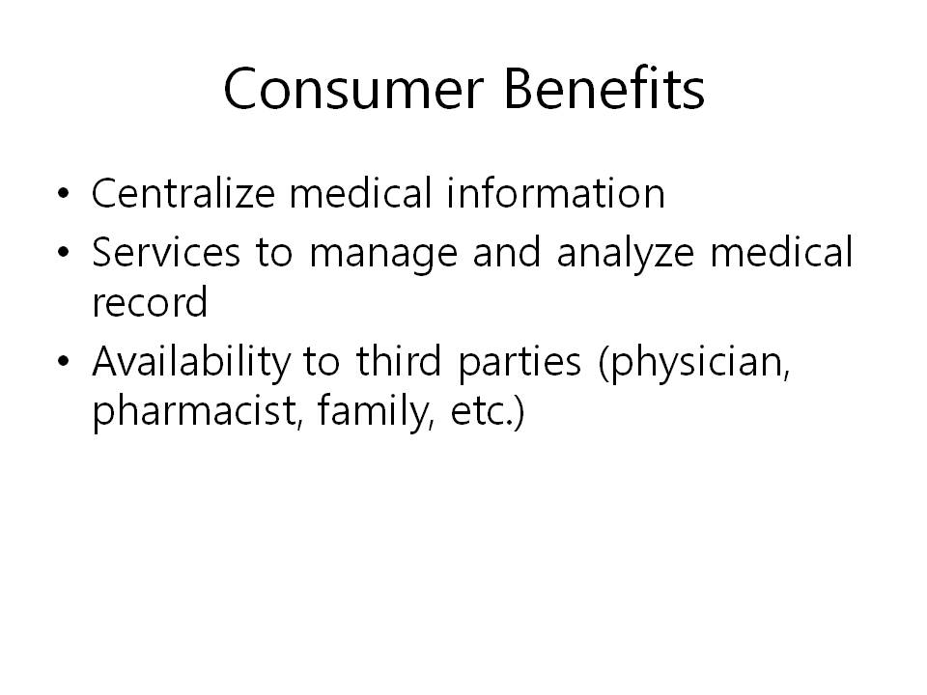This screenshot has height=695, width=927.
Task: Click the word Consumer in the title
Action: point(353,89)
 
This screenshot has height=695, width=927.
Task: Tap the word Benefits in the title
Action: point(604,88)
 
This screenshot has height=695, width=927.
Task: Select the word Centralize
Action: point(183,193)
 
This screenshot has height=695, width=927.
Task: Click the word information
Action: point(556,193)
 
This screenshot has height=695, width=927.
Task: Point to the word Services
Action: point(166,252)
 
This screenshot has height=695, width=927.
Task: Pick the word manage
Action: point(383,255)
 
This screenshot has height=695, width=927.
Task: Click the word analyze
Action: point(626,255)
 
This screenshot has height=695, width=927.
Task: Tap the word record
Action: point(150,301)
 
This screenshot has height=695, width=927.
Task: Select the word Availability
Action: point(191,363)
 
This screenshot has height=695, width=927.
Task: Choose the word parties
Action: point(520,363)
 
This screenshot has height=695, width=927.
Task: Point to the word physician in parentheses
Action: point(694,363)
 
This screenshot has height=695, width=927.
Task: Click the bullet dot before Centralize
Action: point(64,193)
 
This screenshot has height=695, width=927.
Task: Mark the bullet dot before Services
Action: point(64,252)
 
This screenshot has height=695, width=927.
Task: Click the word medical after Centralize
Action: point(360,193)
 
